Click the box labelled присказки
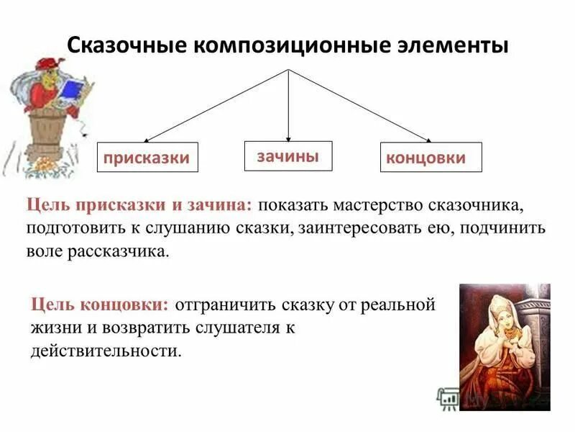click(x=147, y=157)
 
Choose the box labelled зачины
click(x=288, y=156)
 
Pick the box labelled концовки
click(x=430, y=157)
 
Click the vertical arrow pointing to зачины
click(x=288, y=108)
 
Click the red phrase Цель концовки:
click(x=101, y=304)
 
